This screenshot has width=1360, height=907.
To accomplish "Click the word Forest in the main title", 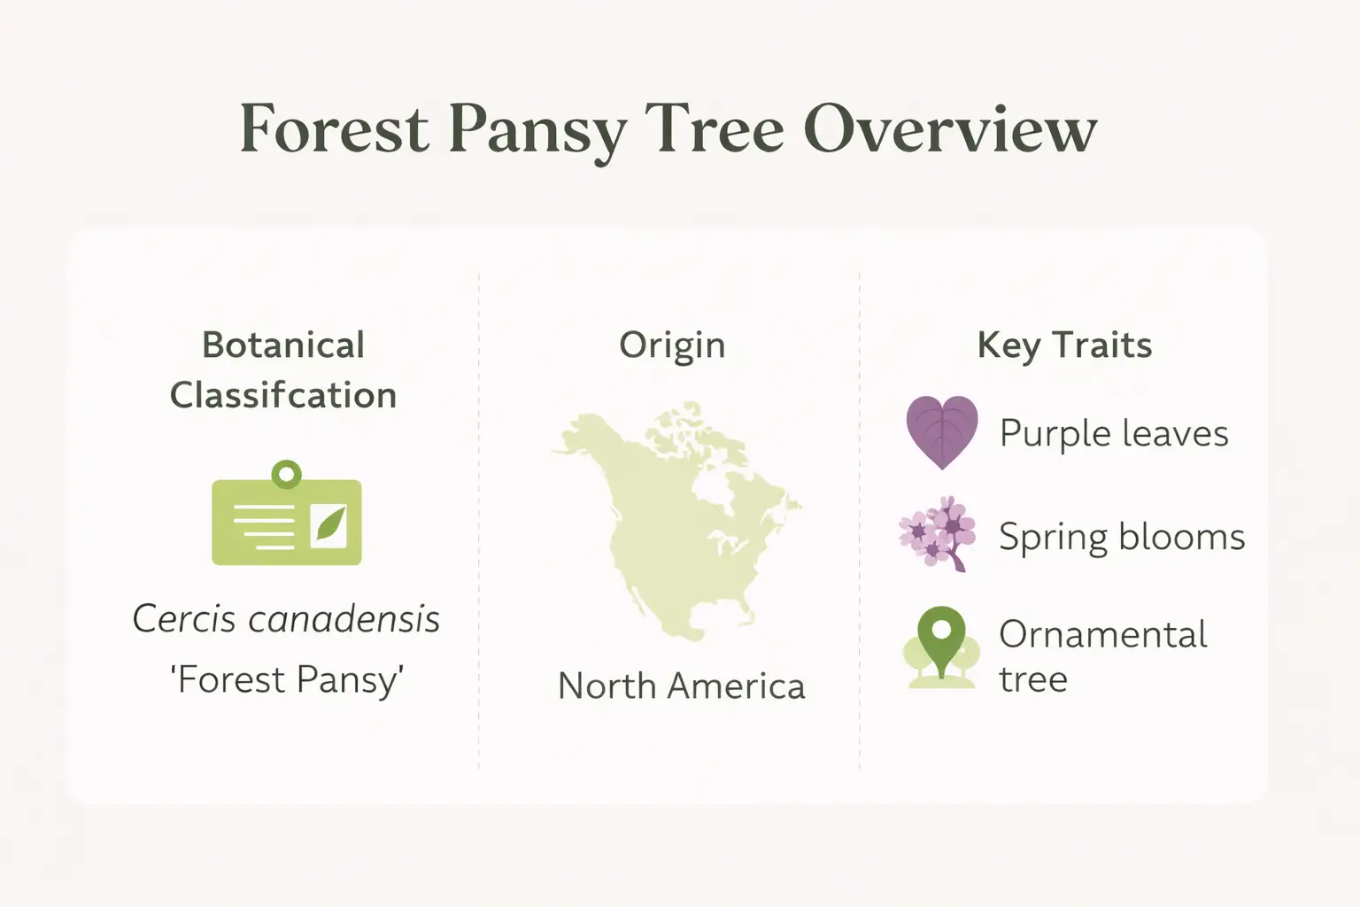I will click(335, 129).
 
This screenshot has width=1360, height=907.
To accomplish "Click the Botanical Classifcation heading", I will click(283, 370).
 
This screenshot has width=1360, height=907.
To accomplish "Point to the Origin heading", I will click(672, 345).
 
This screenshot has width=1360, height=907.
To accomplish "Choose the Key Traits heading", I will click(1064, 345).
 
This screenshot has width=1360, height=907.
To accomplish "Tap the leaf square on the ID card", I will click(328, 525).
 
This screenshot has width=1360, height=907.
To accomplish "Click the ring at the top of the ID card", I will click(286, 474).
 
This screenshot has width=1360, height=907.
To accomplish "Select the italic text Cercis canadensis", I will click(286, 619).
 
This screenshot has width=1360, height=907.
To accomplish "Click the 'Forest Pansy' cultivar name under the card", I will click(286, 680).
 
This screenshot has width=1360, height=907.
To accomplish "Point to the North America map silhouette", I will click(673, 523).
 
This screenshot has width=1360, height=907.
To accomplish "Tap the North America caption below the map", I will click(681, 686).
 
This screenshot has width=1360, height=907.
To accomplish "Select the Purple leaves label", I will click(1114, 434).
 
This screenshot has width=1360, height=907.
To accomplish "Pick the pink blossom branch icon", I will click(938, 533).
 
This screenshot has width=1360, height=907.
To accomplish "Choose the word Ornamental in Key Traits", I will click(1102, 635).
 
